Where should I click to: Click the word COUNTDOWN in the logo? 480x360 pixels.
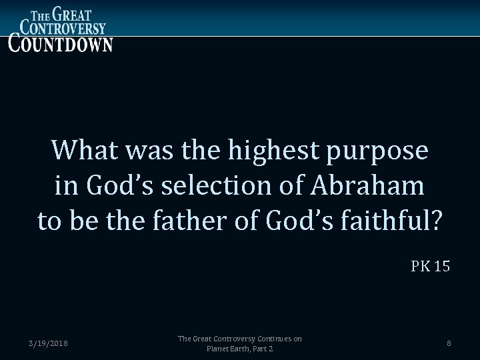pos(61,43)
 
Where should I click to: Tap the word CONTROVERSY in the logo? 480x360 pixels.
pos(63,27)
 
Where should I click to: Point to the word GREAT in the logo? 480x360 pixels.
pos(73,12)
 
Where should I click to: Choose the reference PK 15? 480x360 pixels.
pos(430,267)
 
